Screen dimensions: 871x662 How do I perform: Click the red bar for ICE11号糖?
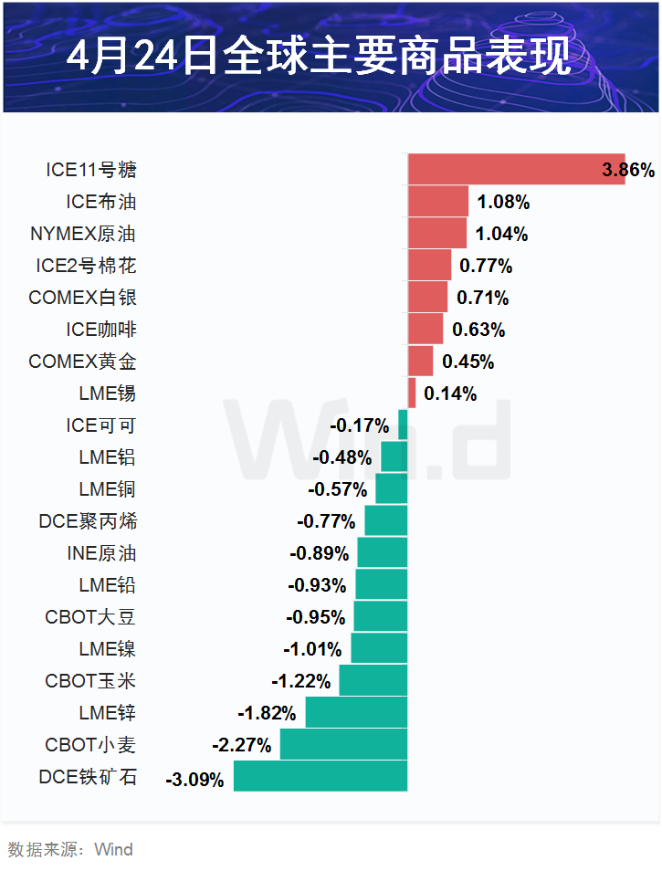click(x=516, y=169)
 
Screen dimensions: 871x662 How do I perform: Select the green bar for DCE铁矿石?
click(x=320, y=777)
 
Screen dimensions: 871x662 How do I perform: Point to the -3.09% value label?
click(x=194, y=780)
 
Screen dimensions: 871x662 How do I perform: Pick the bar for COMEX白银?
click(x=427, y=297)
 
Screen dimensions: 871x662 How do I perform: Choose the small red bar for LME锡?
click(x=412, y=394)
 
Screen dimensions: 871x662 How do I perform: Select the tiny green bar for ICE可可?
click(x=403, y=425)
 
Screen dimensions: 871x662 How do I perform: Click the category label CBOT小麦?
click(x=90, y=745)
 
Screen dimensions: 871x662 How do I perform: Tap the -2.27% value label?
click(x=242, y=745)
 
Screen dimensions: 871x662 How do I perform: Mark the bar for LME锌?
click(x=356, y=712)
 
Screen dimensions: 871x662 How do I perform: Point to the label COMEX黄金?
click(x=83, y=362)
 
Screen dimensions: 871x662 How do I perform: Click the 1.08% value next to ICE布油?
click(x=503, y=202)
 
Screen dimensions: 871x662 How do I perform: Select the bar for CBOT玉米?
click(x=373, y=680)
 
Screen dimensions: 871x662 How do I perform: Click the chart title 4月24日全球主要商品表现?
click(x=320, y=57)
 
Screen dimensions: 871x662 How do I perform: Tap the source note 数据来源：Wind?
click(x=70, y=849)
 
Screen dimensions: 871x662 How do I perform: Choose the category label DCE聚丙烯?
click(x=88, y=521)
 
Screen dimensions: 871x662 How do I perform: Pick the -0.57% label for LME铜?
click(x=338, y=489)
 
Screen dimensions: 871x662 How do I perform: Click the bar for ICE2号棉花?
click(x=429, y=266)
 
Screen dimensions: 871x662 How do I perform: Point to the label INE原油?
click(x=101, y=553)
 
